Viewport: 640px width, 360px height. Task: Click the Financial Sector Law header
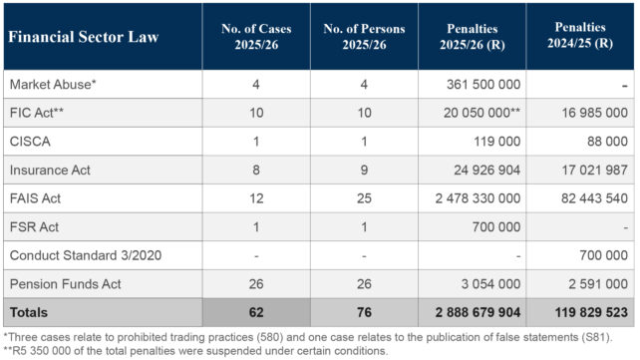pos(84,37)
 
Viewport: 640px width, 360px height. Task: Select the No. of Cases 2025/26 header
pos(256,36)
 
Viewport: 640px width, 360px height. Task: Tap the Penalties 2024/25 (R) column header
pos(580,35)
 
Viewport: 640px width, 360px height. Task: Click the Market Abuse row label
pos(53,85)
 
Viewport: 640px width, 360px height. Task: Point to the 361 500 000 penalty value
pos(483,85)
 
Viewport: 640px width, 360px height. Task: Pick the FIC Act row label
pos(37,113)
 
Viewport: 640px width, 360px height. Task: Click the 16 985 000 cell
pos(595,113)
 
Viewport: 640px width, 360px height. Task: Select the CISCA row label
pos(30,142)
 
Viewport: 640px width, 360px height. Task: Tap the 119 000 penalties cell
pos(497,142)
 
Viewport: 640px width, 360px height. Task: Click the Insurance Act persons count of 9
pos(364,170)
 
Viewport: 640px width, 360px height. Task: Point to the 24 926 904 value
pos(486,170)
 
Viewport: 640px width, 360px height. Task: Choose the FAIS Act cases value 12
pos(256,198)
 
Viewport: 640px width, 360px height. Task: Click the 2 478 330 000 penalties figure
pos(478,198)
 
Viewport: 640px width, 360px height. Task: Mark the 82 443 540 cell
pos(594,198)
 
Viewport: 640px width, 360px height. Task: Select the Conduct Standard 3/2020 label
pos(86,255)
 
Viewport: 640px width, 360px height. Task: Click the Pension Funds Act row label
pos(66,284)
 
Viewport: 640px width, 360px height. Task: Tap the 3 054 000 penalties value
pos(490,284)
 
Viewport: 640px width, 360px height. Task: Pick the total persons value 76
pos(364,313)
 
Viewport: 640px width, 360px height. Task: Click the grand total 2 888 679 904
pos(478,313)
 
